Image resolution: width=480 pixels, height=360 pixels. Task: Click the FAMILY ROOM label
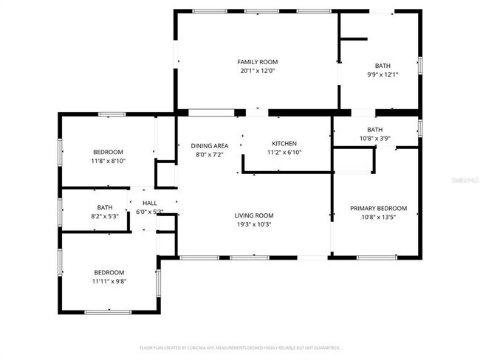[257, 62]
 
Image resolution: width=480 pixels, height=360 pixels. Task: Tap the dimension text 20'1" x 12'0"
[257, 71]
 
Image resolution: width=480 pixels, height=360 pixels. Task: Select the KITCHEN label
[284, 144]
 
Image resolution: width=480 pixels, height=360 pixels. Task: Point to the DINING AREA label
[210, 146]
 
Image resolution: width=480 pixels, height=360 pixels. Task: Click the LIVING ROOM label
[254, 215]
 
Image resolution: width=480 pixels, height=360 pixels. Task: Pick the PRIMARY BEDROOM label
[378, 209]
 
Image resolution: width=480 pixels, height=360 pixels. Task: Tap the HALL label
[150, 203]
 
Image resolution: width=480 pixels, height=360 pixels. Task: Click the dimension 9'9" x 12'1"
[383, 75]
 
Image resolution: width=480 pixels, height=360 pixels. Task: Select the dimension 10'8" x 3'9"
[375, 138]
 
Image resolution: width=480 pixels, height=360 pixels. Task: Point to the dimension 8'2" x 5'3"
[105, 216]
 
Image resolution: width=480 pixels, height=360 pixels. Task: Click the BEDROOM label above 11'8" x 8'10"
[109, 151]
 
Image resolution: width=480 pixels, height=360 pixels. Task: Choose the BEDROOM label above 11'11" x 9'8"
[109, 272]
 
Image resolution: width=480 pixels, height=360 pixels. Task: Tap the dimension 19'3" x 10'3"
[254, 224]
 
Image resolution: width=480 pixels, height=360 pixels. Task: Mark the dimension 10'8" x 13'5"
[378, 218]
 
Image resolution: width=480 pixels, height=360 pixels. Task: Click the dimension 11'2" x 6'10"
[284, 153]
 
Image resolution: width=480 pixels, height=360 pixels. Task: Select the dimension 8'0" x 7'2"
[210, 155]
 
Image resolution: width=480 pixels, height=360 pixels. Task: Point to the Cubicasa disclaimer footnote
[240, 347]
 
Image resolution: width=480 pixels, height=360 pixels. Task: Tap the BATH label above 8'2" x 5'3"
[105, 207]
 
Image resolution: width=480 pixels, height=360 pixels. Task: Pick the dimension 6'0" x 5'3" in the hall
[150, 212]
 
